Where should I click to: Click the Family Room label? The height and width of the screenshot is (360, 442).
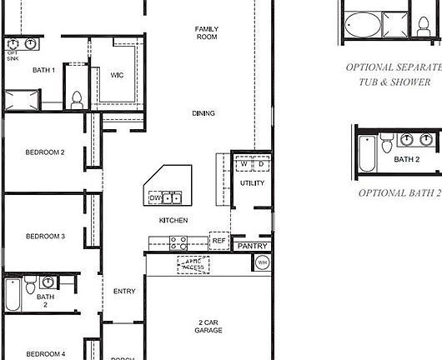[x=207, y=32]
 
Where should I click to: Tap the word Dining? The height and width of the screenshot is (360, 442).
[x=203, y=113]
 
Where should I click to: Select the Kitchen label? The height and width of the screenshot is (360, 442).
[x=173, y=220]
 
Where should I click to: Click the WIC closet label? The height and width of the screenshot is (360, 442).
[x=117, y=75]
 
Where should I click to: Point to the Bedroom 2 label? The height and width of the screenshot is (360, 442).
[x=45, y=152]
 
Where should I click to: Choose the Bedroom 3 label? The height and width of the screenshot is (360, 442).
[x=45, y=237]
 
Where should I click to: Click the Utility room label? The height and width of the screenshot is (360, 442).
[x=251, y=182]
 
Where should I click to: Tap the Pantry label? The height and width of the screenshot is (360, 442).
[x=252, y=247]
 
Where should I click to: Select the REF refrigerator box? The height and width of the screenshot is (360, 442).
[x=218, y=241]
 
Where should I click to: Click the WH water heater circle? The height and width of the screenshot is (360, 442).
[x=262, y=263]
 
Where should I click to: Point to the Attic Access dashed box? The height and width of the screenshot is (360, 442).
[x=193, y=265]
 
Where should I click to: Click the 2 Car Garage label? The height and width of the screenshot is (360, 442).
[x=209, y=326]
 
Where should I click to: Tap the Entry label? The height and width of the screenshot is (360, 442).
[x=123, y=291]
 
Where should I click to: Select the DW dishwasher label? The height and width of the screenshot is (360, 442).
[x=155, y=198]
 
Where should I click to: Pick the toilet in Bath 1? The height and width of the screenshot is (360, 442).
[x=77, y=99]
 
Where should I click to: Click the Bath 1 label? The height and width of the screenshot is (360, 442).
[x=43, y=70]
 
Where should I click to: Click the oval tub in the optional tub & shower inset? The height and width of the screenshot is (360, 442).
[x=362, y=23]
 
